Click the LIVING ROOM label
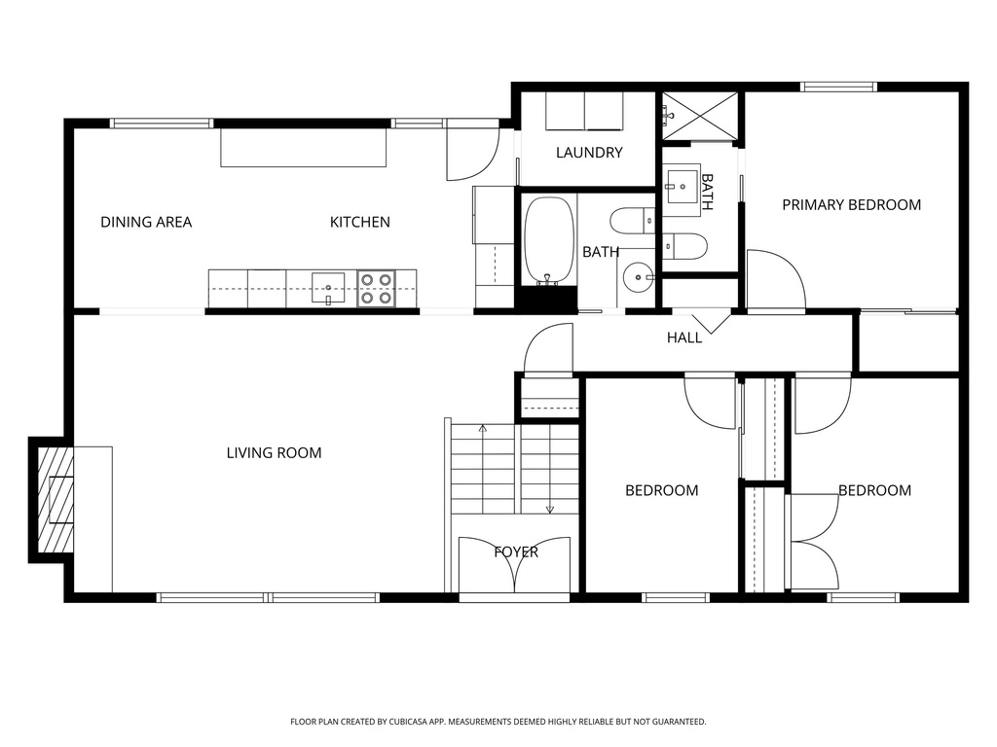click(274, 452)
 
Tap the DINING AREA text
click(146, 222)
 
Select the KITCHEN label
click(359, 222)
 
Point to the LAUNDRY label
click(589, 153)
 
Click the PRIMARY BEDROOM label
click(851, 204)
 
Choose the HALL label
click(684, 338)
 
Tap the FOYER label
click(516, 552)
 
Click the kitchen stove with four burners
click(376, 288)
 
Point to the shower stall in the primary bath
click(701, 116)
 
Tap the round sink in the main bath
click(639, 278)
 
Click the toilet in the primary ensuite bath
click(684, 247)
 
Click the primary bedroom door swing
click(775, 282)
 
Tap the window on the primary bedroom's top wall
click(838, 87)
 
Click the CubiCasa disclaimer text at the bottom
click(498, 722)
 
